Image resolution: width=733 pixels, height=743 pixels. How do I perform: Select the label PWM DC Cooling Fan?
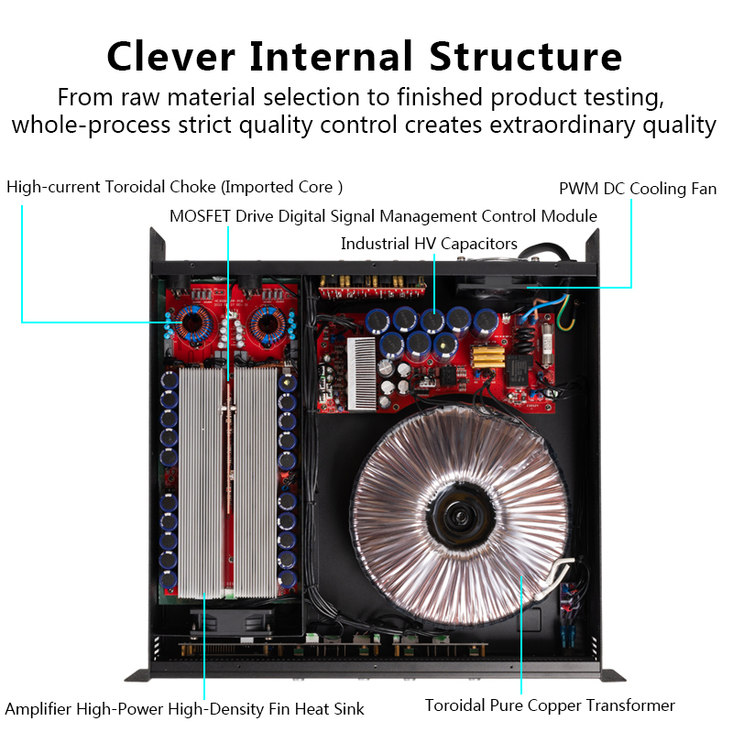pyautogui.click(x=638, y=189)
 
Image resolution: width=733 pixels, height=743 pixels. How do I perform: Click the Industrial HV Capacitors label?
pyautogui.click(x=429, y=244)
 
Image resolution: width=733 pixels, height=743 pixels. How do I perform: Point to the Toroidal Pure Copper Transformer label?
pyautogui.click(x=550, y=705)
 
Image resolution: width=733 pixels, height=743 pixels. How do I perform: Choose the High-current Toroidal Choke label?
pyautogui.click(x=174, y=187)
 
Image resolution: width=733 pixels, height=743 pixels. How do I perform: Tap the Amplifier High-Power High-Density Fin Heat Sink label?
pyautogui.click(x=184, y=708)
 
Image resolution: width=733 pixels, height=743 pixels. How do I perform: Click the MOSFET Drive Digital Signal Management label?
pyautogui.click(x=383, y=216)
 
